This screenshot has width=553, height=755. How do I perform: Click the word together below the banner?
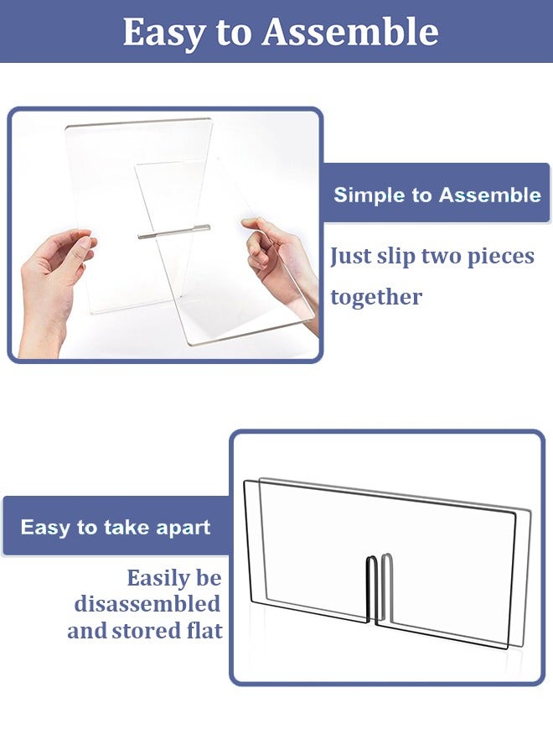376,298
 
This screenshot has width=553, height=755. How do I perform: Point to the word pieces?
500,257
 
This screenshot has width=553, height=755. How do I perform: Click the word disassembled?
147,604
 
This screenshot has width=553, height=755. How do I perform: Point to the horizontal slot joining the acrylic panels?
174,231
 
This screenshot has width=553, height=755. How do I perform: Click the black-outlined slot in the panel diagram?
373,589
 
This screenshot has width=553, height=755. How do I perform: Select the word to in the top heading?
234,33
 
